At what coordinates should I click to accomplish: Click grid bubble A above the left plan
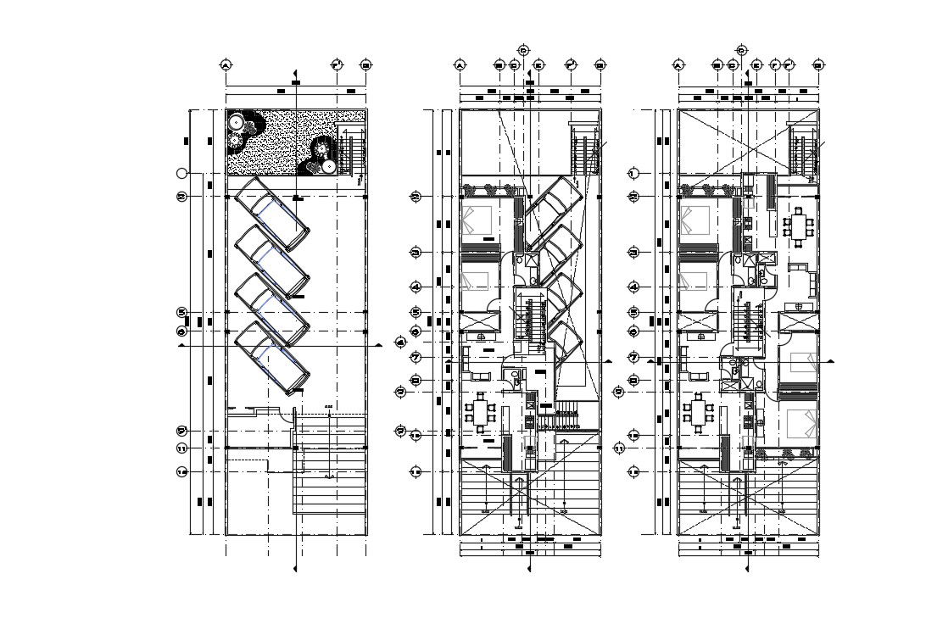pyautogui.click(x=226, y=65)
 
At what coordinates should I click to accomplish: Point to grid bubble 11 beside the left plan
pyautogui.click(x=181, y=448)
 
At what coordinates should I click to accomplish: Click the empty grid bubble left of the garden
pyautogui.click(x=181, y=173)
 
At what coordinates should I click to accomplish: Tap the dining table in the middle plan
pyautogui.click(x=480, y=413)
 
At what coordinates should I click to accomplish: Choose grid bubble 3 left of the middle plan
pyautogui.click(x=416, y=253)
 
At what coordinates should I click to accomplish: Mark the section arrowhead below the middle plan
pyautogui.click(x=529, y=569)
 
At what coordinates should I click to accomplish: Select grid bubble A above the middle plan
pyautogui.click(x=460, y=65)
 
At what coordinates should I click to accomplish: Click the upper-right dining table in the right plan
pyautogui.click(x=798, y=226)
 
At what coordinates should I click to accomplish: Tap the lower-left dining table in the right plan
pyautogui.click(x=699, y=413)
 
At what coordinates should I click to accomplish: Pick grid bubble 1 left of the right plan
pyautogui.click(x=633, y=173)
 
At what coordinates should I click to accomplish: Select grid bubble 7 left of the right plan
pyautogui.click(x=633, y=357)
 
